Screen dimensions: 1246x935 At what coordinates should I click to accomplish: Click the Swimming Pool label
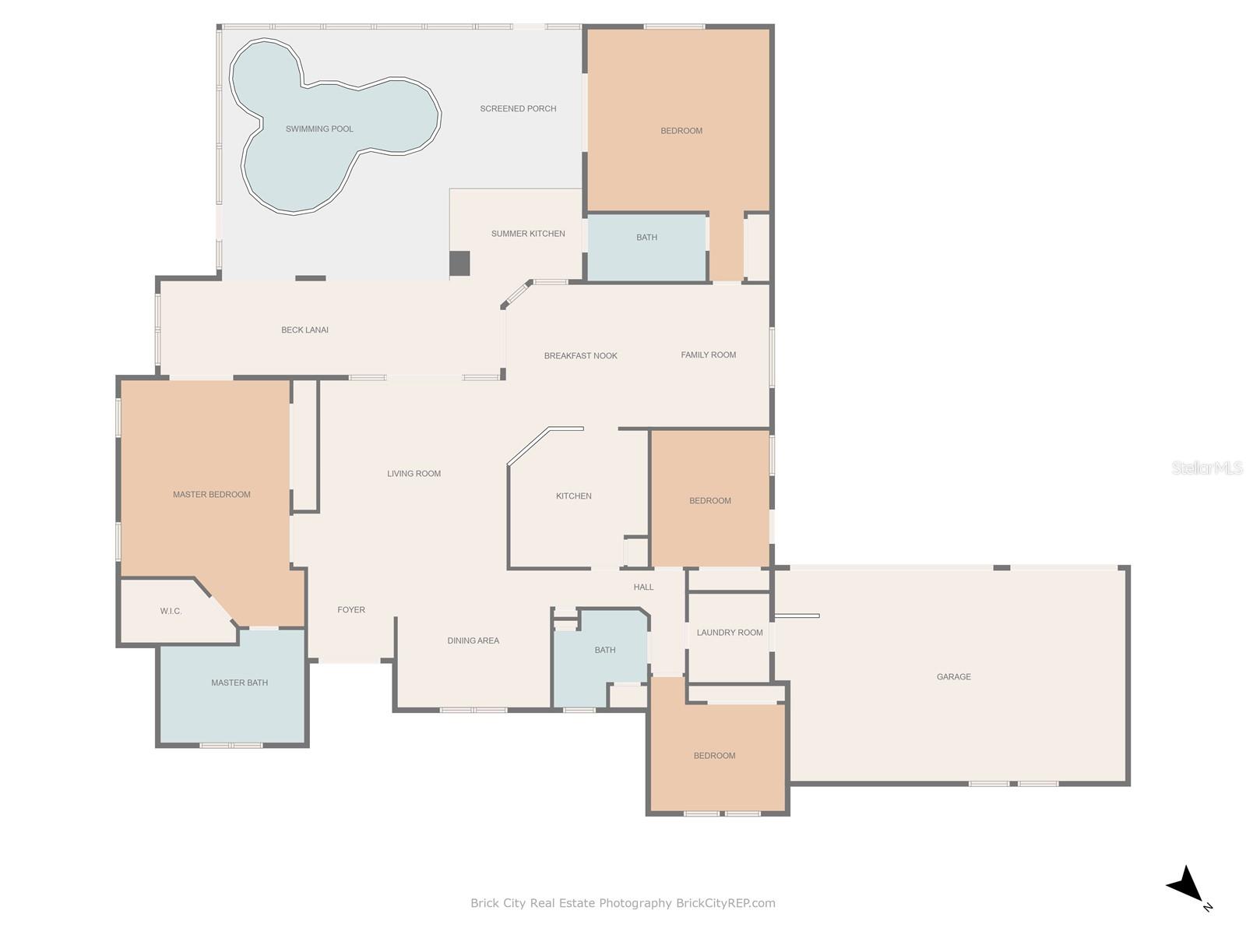pos(319,129)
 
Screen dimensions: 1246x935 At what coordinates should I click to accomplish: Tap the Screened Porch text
pos(518,108)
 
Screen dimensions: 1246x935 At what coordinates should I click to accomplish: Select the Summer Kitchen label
pos(528,233)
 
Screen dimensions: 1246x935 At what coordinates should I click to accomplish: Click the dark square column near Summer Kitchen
pos(459,263)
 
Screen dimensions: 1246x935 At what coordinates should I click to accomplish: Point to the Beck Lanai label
pos(304,330)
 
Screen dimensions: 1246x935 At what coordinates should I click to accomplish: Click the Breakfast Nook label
pos(580,356)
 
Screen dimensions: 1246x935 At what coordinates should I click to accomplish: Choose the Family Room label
pos(708,355)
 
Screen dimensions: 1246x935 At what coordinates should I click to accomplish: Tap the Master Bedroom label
pos(211,495)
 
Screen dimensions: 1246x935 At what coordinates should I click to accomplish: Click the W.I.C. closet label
pos(171,611)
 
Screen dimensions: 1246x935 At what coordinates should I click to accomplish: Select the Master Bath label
pos(239,683)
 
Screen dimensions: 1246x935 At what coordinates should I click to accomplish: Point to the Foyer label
pos(350,610)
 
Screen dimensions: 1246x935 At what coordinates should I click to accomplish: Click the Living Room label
pos(414,474)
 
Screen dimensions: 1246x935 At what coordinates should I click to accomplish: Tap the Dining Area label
pos(473,640)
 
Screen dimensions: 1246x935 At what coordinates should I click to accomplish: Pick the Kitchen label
pos(573,496)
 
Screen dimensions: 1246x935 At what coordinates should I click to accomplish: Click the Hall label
pos(643,587)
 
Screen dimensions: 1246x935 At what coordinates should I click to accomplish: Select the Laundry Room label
pos(730,633)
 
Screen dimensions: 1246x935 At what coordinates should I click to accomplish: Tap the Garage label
pos(953,676)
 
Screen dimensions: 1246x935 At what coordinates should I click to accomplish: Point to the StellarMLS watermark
pos(1207,467)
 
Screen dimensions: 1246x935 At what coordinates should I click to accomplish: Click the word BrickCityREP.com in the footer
pos(725,903)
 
